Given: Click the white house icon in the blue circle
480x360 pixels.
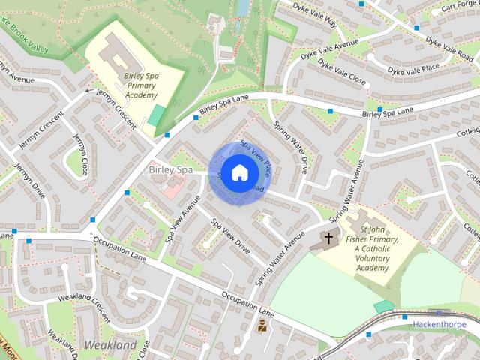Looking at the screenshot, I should [238, 173].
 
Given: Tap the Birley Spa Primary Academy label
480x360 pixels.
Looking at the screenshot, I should [141, 85].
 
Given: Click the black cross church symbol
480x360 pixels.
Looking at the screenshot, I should [328, 239].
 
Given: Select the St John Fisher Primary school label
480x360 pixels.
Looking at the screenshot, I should [378, 248].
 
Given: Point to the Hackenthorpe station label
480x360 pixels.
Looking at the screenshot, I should [439, 324].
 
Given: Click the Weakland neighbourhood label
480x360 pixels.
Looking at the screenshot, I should [111, 345].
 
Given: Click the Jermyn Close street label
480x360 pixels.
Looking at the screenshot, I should [80, 154].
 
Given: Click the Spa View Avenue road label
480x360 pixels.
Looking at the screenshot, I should [183, 220].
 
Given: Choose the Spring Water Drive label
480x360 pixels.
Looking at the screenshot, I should [290, 147].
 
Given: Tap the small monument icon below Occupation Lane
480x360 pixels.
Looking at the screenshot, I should [262, 326].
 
